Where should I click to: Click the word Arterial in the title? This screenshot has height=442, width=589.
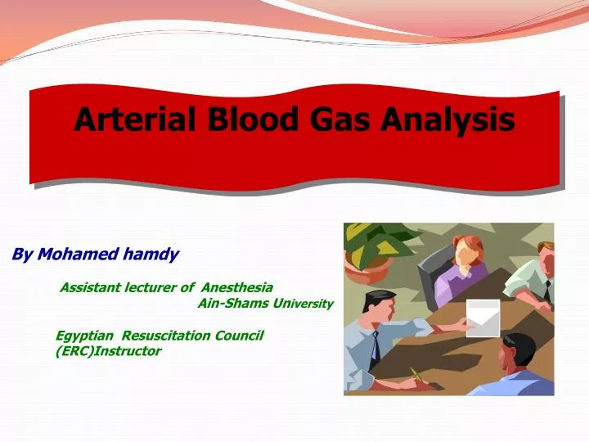coord(134,120)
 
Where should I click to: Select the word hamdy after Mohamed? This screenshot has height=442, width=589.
coord(151,255)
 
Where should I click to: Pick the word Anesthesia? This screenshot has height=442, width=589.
coord(236,287)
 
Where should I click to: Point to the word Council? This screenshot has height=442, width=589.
coord(238,336)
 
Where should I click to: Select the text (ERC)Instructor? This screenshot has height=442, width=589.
coord(108,351)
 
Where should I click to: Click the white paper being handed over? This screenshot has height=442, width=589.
coord(482,318)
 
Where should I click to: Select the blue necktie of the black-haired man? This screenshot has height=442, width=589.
coord(375,348)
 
